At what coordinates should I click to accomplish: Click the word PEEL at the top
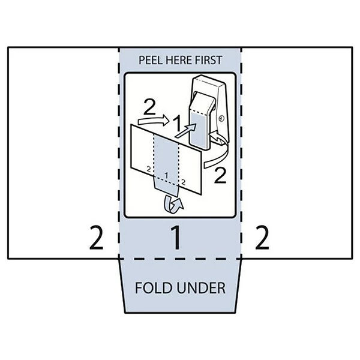(x=151, y=60)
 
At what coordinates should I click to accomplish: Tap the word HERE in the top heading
(x=178, y=60)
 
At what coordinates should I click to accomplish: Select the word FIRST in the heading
(x=207, y=60)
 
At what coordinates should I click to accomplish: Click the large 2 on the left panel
(x=96, y=238)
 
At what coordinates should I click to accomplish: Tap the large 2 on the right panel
(x=262, y=238)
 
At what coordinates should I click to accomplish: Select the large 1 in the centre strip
(x=176, y=238)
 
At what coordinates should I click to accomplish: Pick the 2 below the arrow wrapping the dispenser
(x=220, y=175)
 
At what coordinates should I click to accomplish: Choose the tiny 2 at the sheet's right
(x=183, y=181)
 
